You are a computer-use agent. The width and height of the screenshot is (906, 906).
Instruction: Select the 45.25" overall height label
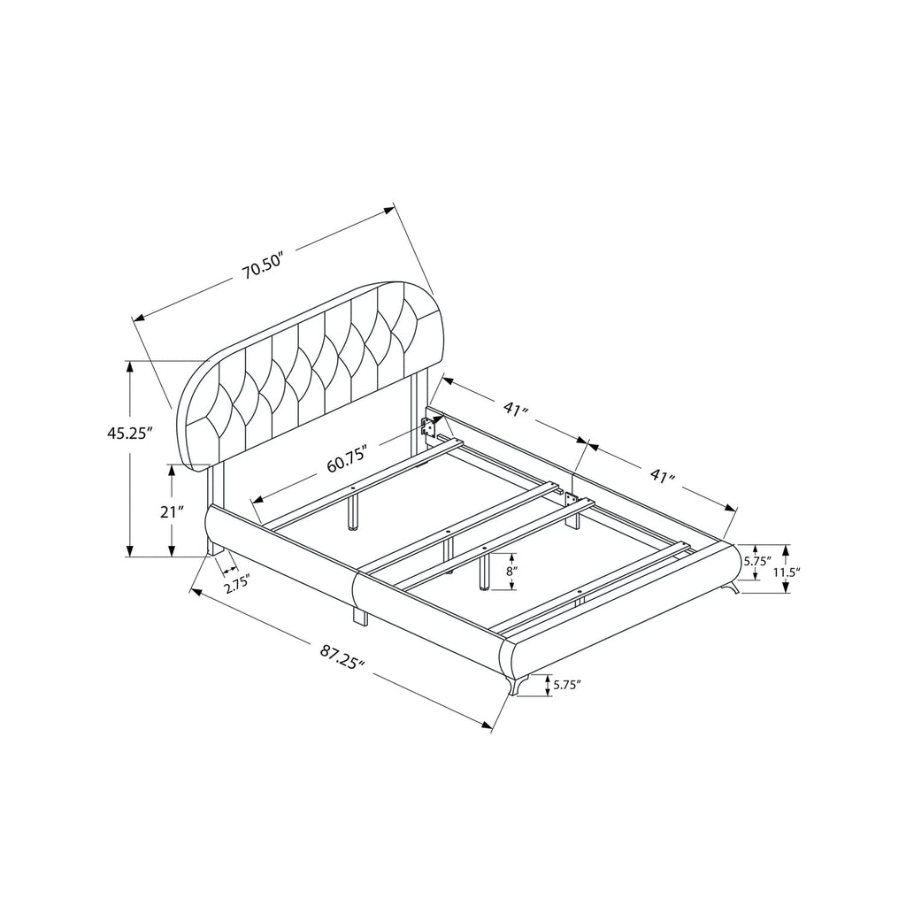pyautogui.click(x=129, y=433)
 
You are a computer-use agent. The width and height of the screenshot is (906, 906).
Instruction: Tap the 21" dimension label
pyautogui.click(x=173, y=511)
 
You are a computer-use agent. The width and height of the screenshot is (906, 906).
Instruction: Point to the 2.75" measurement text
pyautogui.click(x=236, y=582)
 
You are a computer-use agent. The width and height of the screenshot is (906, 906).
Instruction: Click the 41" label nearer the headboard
pyautogui.click(x=516, y=409)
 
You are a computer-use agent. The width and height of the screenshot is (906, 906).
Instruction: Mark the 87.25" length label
pyautogui.click(x=343, y=656)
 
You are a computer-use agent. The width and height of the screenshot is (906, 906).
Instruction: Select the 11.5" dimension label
pyautogui.click(x=787, y=572)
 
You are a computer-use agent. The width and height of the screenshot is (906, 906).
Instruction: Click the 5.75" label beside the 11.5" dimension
pyautogui.click(x=757, y=561)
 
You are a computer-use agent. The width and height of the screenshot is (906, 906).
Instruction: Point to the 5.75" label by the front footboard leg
pyautogui.click(x=567, y=684)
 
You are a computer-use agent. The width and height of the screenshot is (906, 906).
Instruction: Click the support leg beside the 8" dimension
pyautogui.click(x=484, y=571)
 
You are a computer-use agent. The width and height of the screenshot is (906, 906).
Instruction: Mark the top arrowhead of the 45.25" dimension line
pyautogui.click(x=131, y=365)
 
